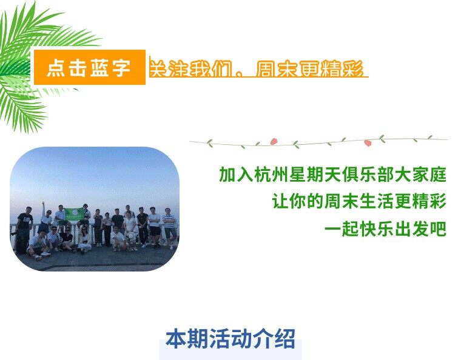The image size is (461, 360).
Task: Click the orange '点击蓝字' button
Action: [x=90, y=67]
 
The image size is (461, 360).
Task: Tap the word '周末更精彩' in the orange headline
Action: [x=309, y=68]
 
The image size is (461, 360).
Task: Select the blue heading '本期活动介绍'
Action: [x=231, y=339]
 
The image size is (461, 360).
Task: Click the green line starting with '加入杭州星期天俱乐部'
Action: [x=333, y=175]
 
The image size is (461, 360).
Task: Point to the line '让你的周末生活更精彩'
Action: [x=359, y=201]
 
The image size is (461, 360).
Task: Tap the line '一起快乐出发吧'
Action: [x=386, y=228]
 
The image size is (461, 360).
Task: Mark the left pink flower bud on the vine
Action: [x=274, y=141]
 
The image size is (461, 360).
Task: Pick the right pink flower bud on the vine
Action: [x=368, y=142]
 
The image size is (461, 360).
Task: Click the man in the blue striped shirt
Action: [x=169, y=227]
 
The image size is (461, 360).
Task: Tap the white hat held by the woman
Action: [x=130, y=236]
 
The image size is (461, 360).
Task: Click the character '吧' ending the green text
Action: [x=439, y=228]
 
